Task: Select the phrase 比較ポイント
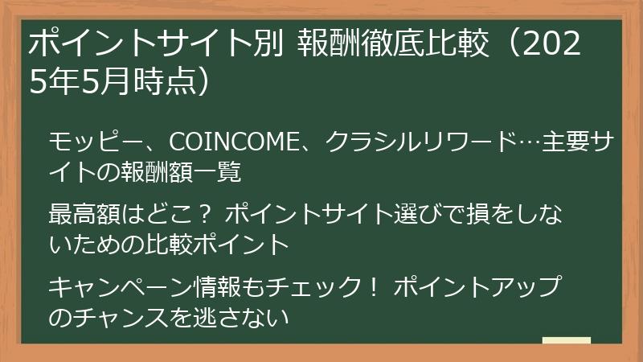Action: click(x=213, y=244)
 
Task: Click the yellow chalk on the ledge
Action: click(x=566, y=340)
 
